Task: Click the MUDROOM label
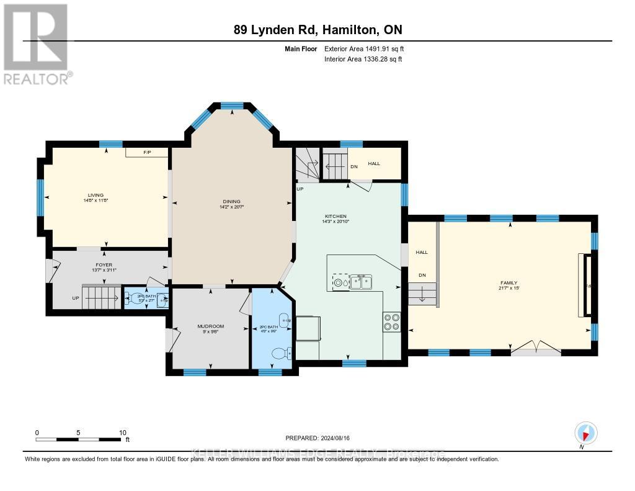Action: pyautogui.click(x=210, y=327)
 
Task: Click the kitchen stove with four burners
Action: pyautogui.click(x=392, y=321)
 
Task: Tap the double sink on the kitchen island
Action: pyautogui.click(x=361, y=282)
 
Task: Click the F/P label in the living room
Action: pyautogui.click(x=147, y=151)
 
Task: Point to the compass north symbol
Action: pyautogui.click(x=585, y=433)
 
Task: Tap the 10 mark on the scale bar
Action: pyautogui.click(x=123, y=433)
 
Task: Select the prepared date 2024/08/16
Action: pyautogui.click(x=321, y=438)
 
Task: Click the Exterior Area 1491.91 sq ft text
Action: pyautogui.click(x=364, y=48)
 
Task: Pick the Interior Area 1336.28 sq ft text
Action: pyautogui.click(x=363, y=59)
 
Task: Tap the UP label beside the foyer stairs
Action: pyautogui.click(x=76, y=298)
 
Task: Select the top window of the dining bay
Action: pyautogui.click(x=233, y=106)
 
